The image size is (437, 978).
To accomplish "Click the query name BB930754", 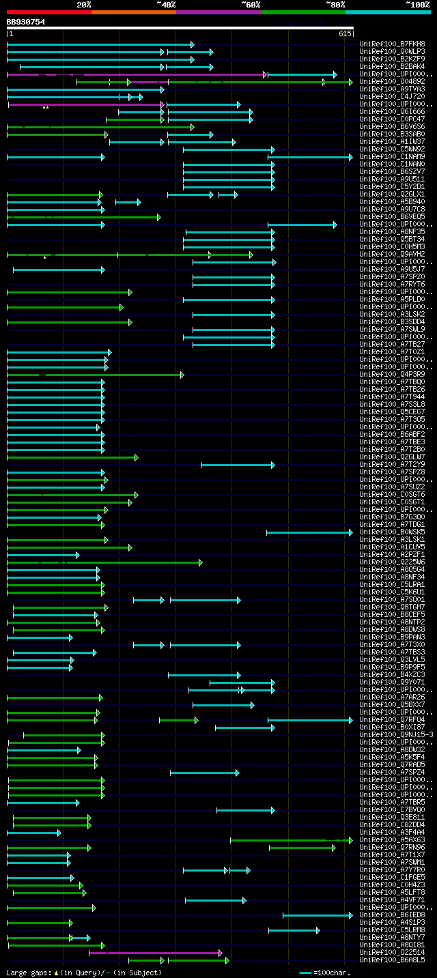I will pyautogui.click(x=26, y=22).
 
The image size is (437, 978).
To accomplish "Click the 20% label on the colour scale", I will pyautogui.click(x=84, y=4).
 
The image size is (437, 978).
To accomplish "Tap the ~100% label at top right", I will pyautogui.click(x=417, y=4).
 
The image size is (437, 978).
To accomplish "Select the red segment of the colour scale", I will pyautogui.click(x=48, y=12).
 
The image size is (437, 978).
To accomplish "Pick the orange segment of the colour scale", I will pyautogui.click(x=133, y=12).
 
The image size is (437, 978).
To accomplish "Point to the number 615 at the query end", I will pyautogui.click(x=344, y=33).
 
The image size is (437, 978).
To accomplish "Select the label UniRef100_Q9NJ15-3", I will pyautogui.click(x=396, y=734).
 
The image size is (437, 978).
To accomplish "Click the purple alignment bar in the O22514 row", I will pyautogui.click(x=154, y=953).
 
